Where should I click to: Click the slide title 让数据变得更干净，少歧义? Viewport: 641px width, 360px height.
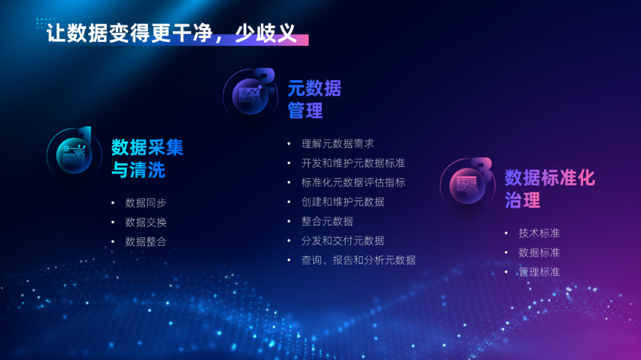point(172,33)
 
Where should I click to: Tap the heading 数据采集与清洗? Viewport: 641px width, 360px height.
point(147,158)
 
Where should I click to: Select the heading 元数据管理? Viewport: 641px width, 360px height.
point(315,99)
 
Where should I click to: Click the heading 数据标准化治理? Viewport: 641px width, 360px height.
point(550,189)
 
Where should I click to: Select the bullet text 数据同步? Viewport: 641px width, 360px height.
point(146,203)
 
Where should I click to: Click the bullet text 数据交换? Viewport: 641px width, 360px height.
point(146,222)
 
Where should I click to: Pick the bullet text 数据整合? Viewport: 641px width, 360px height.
point(146,241)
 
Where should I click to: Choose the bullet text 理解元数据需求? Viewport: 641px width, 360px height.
point(338,144)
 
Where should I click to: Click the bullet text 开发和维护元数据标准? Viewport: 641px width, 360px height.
point(353,163)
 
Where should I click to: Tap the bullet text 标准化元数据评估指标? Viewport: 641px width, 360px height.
point(353,183)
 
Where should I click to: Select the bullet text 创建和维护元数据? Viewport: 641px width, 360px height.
point(342,202)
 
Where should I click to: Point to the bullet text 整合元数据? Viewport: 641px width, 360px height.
point(327,221)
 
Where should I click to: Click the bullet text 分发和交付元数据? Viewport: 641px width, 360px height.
point(342,241)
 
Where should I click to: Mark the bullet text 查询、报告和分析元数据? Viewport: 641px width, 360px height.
point(358,260)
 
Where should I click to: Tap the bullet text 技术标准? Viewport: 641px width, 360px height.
point(539,233)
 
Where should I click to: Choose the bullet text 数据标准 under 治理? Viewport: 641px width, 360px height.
point(539,253)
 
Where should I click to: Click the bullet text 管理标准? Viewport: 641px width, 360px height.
point(539,272)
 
